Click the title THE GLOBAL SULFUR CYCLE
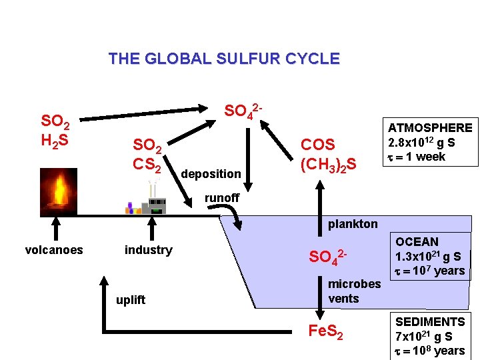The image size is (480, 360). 224,59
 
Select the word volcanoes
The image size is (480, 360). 54,250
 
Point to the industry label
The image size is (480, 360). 148,250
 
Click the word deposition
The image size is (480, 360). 211,174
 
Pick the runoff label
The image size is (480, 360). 222,198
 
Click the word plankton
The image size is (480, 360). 353,224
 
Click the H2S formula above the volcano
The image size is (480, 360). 53,141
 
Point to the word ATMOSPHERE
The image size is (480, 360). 429,128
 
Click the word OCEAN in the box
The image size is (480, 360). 417,242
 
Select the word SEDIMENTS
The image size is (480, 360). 430,322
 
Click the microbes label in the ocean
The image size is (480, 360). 354,284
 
